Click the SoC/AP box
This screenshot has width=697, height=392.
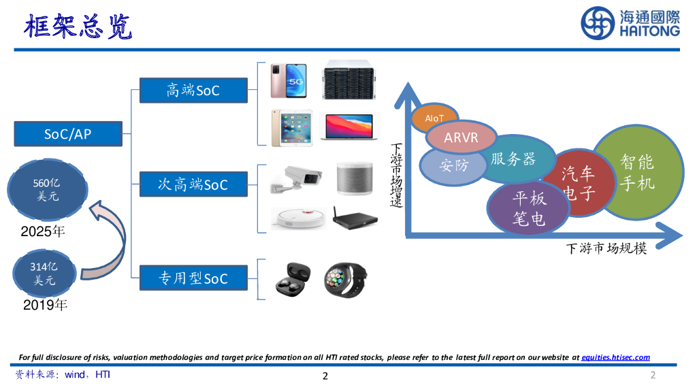[x=68, y=133]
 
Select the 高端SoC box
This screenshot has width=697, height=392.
[x=193, y=90]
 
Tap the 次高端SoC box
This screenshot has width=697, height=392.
[x=193, y=184]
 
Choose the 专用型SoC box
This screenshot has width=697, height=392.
[x=193, y=278]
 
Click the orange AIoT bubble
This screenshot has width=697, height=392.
[x=435, y=117]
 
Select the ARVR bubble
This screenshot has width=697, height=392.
[x=461, y=138]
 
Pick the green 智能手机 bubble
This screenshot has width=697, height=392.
[x=638, y=171]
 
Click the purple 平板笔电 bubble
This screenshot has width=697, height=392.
[x=529, y=208]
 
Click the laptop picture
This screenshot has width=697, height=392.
[x=347, y=127]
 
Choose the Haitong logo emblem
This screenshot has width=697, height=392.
[x=598, y=23]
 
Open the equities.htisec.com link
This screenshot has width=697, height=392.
[x=615, y=357]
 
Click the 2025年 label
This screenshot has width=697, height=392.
[x=43, y=231]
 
